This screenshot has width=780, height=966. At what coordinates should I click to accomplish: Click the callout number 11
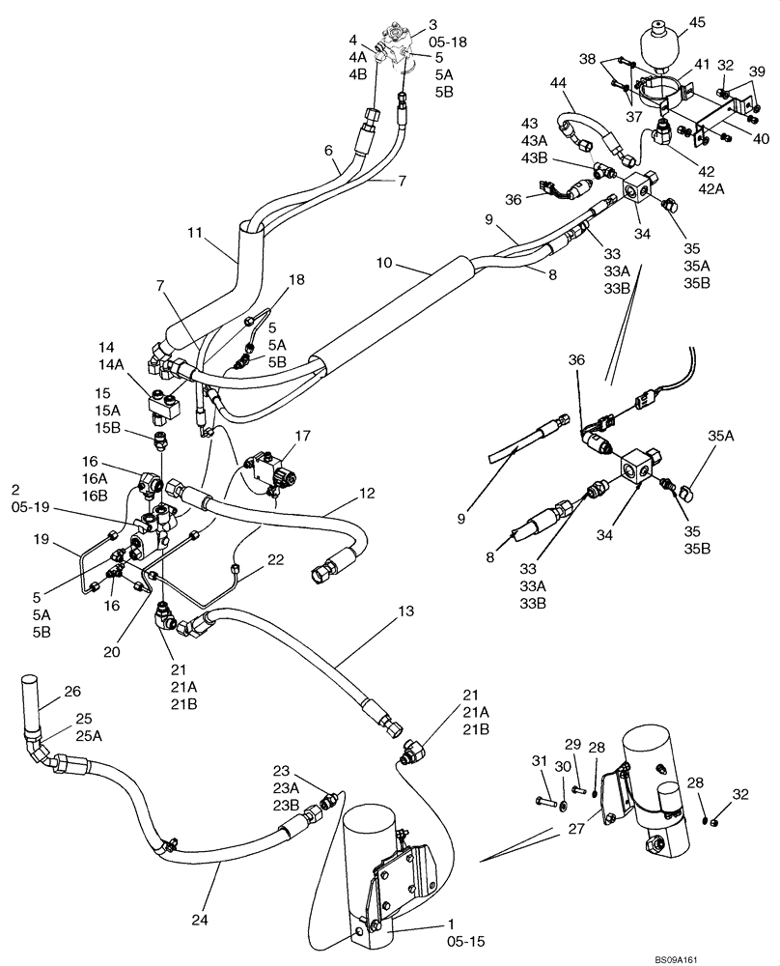point(195,234)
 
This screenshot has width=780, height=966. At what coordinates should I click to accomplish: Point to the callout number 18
point(294,280)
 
